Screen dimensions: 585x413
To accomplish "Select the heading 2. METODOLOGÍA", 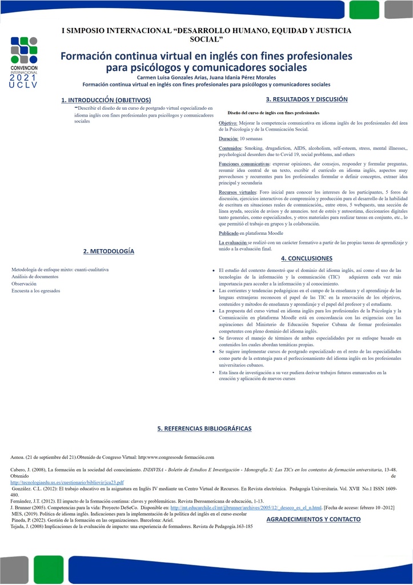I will [109, 251].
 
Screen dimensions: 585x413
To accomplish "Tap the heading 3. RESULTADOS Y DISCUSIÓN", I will [307, 99].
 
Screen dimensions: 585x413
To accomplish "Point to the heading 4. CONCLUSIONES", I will [307, 258].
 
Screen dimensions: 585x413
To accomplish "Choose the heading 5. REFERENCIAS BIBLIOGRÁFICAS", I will [205, 428].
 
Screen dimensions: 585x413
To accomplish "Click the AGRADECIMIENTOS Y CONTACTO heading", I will [314, 519].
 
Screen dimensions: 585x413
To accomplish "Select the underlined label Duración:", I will [228, 139].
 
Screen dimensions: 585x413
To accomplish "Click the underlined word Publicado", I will [228, 234].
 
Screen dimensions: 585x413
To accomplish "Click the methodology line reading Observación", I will [24, 283].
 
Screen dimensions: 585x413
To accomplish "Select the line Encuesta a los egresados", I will [36, 291].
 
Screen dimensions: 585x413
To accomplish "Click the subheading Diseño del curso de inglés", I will [273, 113].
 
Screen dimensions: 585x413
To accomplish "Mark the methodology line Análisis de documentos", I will [35, 277].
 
